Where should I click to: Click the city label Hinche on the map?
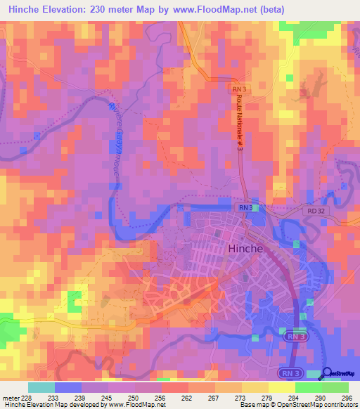pos(245,249)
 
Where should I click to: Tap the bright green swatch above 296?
pos(335,387)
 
